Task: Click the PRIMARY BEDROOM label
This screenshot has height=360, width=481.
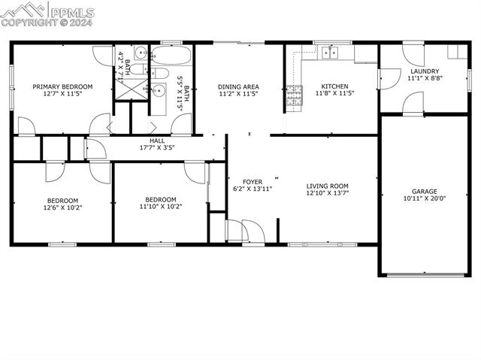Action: point(62,86)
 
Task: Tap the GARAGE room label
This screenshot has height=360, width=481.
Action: point(424,191)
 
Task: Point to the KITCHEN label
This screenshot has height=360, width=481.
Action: point(334,86)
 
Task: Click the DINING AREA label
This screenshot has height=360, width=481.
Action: point(238,86)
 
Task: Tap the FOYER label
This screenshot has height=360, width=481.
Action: point(251,181)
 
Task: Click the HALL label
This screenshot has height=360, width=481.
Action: point(157,141)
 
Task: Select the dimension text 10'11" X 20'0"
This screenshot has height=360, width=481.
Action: point(424,199)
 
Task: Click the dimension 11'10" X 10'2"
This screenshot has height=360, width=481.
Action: point(160,207)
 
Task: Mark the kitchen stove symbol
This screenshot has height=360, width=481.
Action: point(292,95)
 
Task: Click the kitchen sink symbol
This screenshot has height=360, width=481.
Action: point(329,52)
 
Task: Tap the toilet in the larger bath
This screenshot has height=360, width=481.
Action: point(160,74)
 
